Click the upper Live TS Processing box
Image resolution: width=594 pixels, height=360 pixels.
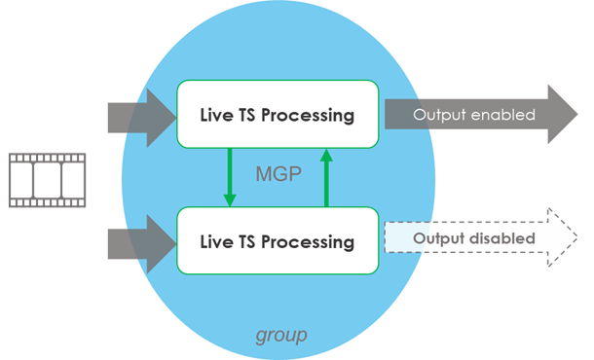click(x=277, y=115)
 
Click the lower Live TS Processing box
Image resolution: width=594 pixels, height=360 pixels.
click(x=277, y=238)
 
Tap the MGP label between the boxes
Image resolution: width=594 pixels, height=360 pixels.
click(x=278, y=175)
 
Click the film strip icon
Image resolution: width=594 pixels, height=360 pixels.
click(x=47, y=178)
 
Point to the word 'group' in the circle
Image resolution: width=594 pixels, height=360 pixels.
click(x=281, y=336)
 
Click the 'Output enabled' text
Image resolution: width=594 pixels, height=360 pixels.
click(x=473, y=115)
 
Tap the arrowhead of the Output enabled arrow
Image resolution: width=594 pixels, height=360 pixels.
click(x=562, y=115)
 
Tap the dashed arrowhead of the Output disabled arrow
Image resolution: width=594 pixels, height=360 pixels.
click(x=562, y=237)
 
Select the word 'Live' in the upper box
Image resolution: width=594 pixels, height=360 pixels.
click(x=214, y=116)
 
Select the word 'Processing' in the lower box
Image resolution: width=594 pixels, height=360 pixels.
click(x=310, y=239)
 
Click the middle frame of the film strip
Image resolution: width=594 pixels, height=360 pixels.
click(x=47, y=179)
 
